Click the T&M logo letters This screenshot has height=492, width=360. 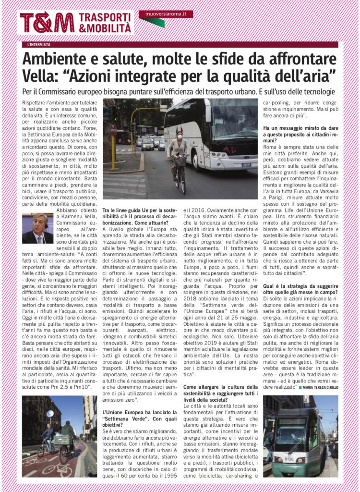47,22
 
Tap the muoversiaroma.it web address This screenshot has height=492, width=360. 166,14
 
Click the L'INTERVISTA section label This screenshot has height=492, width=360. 39,45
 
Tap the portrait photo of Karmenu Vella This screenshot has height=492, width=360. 37,228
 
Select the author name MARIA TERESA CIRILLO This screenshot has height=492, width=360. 320,387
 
